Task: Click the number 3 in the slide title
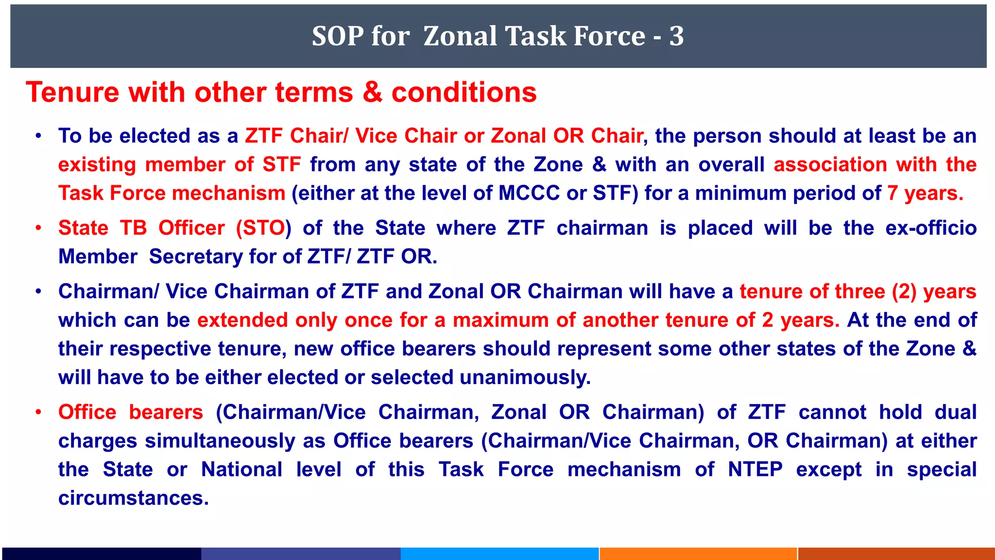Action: (x=676, y=36)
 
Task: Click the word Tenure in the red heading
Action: (x=72, y=92)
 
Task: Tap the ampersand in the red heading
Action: (x=373, y=92)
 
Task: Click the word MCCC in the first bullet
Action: (x=529, y=193)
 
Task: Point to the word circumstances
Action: (x=133, y=498)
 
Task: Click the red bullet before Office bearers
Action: (x=38, y=413)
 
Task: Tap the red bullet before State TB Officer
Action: (x=38, y=228)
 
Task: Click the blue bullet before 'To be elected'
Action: (x=38, y=137)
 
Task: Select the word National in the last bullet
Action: (x=241, y=470)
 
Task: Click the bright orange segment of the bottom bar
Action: (x=698, y=554)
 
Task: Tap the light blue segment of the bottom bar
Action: (x=499, y=554)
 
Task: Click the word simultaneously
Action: (x=220, y=441)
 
